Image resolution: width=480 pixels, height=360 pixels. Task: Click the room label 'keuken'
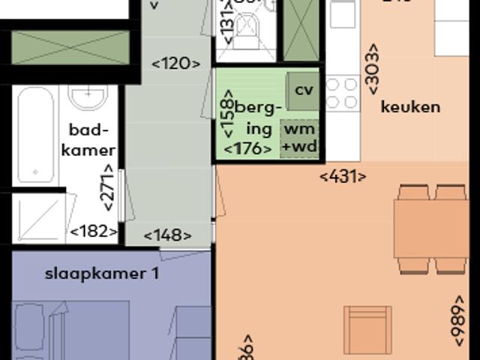(x=410, y=106)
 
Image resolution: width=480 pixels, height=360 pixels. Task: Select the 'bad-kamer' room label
(x=88, y=139)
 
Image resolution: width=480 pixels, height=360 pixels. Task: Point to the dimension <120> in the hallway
(x=176, y=64)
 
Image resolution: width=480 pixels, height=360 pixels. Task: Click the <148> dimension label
(x=167, y=235)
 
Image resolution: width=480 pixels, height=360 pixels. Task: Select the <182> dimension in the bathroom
(x=94, y=232)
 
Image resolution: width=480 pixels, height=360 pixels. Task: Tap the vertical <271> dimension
(x=109, y=188)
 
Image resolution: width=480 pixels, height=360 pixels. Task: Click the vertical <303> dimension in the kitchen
(x=373, y=68)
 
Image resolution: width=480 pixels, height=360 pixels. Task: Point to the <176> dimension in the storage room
(x=247, y=148)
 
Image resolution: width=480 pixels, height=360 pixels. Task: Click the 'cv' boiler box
(x=303, y=89)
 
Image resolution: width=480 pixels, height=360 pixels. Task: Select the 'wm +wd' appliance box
(x=299, y=139)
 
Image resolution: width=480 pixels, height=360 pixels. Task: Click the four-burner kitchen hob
(x=343, y=94)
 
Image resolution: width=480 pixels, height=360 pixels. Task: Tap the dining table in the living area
(x=431, y=229)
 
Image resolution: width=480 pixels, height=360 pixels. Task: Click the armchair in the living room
(x=367, y=329)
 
